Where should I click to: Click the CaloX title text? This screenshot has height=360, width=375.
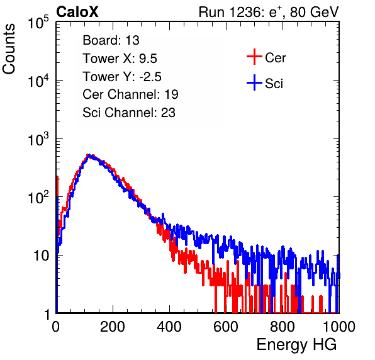[x=77, y=12]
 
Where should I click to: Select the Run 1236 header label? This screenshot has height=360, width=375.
[x=269, y=12]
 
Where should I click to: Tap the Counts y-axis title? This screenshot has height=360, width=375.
[x=9, y=48]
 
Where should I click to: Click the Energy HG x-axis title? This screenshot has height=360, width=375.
[x=296, y=345]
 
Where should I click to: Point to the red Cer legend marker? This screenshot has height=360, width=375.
[x=254, y=57]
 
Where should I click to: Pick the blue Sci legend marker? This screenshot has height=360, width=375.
[x=254, y=83]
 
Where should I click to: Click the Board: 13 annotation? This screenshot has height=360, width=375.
[x=111, y=40]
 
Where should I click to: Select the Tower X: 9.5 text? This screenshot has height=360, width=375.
[x=120, y=59]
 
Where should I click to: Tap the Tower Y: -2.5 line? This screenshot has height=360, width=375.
[x=122, y=77]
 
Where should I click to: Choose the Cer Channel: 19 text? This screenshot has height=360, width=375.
[x=131, y=94]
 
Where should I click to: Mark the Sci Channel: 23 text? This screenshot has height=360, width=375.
[x=129, y=113]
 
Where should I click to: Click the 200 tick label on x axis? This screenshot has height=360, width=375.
[x=113, y=327]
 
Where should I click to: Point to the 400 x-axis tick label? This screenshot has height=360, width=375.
[x=169, y=327]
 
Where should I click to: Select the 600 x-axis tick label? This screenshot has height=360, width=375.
[x=226, y=327]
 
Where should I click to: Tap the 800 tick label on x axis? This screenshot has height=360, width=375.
[x=283, y=327]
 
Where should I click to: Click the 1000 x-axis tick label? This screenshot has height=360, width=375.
[x=339, y=327]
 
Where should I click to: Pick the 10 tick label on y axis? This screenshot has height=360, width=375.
[x=42, y=256]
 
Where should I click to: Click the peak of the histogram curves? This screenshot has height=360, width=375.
[x=89, y=155]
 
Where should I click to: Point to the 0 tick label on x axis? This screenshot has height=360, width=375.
[x=56, y=327]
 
